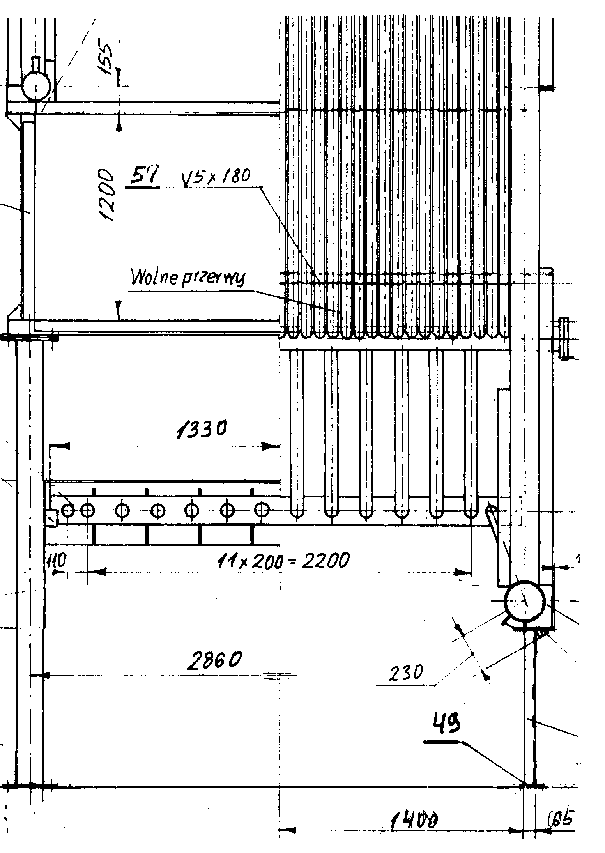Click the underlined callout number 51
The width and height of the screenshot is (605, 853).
point(143,178)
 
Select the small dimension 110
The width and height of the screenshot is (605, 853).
point(56,561)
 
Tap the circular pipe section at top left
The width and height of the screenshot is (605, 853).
point(35,87)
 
